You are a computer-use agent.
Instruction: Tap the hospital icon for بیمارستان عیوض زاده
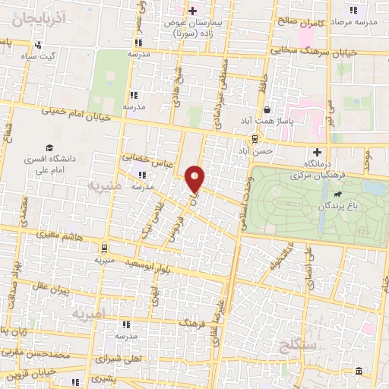pos(192,11)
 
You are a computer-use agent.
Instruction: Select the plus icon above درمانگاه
pos(317,152)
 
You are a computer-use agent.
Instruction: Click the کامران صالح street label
pos(299,24)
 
